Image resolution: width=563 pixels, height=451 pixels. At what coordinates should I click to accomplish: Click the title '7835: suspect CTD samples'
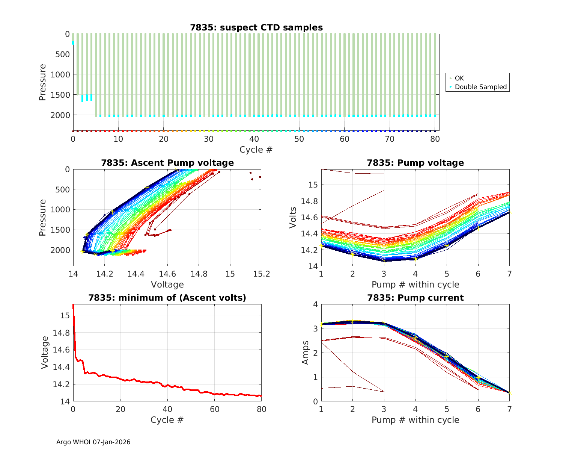tap(256, 27)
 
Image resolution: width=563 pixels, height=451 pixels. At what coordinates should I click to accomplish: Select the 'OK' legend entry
tap(459, 78)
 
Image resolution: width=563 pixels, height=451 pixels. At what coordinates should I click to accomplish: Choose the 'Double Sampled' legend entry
tap(480, 87)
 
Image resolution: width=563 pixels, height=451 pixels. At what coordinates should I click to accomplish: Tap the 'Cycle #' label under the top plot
tap(256, 150)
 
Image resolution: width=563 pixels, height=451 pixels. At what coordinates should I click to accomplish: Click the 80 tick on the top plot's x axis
tap(435, 139)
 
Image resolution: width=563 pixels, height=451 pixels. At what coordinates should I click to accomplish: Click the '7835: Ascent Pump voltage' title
tap(167, 163)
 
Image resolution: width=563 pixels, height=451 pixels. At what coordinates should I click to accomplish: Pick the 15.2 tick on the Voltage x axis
tap(261, 274)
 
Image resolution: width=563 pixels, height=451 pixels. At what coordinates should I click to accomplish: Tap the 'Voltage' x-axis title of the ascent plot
tap(167, 285)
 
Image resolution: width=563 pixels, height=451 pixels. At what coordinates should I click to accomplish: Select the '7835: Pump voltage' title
tap(415, 163)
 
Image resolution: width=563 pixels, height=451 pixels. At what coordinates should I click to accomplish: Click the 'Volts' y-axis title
tap(293, 218)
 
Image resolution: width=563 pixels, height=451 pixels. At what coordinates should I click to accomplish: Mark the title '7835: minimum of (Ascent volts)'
tap(167, 298)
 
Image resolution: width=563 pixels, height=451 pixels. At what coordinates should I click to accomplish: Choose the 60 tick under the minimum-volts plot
tap(214, 409)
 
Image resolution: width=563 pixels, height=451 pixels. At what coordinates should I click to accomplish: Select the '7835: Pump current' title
tap(415, 298)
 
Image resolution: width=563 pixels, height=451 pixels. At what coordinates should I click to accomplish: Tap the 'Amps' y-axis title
tap(306, 353)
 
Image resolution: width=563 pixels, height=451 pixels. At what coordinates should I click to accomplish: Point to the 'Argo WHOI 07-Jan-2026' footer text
tap(93, 442)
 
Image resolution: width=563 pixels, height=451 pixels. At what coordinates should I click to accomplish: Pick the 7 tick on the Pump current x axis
tap(509, 409)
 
